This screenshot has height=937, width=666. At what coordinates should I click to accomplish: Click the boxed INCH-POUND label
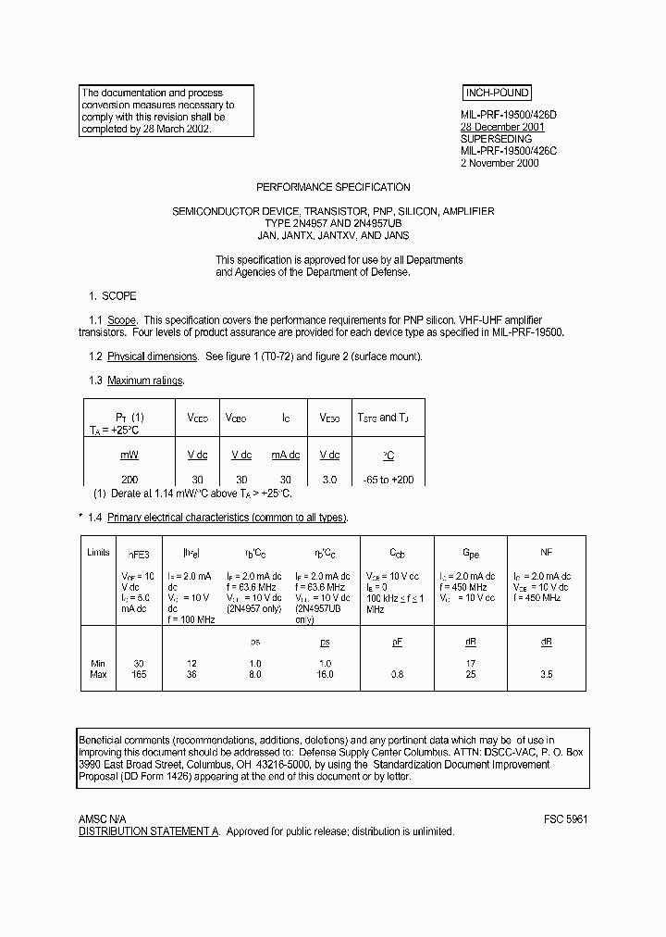pos(496,93)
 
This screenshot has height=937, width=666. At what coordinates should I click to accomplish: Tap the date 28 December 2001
pos(502,127)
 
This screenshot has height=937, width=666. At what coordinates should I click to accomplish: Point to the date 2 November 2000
pos(499,163)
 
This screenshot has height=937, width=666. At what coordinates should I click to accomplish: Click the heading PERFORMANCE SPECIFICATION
pos(333,187)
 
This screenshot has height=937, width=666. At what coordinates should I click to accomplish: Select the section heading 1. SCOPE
pos(112,296)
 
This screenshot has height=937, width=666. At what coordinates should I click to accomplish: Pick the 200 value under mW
pos(129,480)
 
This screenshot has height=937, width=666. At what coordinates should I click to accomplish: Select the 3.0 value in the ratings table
pos(329,480)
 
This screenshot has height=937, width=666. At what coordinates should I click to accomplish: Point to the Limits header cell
pos(98,552)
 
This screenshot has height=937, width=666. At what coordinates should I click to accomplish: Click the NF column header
pos(547,552)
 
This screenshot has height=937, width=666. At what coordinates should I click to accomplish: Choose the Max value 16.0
pos(326,674)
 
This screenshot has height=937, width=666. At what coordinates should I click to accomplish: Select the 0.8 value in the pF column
pos(398,674)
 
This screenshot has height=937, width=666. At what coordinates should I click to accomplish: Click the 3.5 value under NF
pos(547,674)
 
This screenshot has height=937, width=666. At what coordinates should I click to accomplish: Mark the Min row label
pos(97,663)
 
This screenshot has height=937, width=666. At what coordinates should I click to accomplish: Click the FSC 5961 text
pos(565,820)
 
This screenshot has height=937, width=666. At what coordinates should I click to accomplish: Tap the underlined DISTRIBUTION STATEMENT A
pos(149,831)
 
